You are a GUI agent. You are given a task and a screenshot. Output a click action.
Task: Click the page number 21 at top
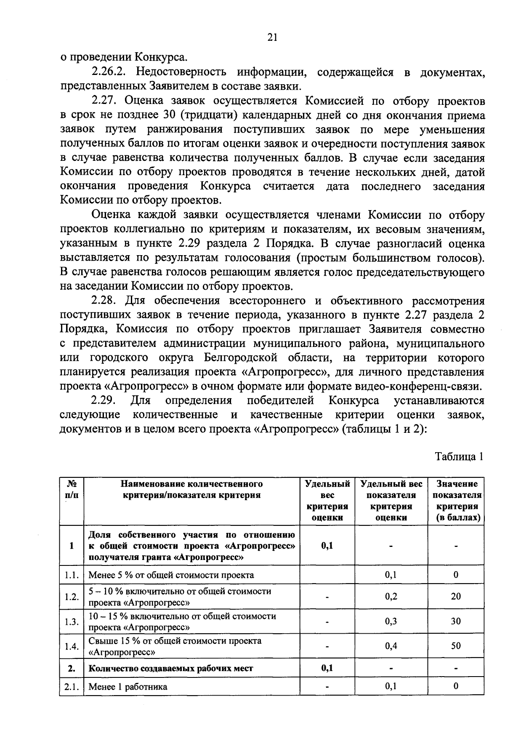click(272, 38)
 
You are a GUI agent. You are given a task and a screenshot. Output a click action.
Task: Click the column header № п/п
click(72, 489)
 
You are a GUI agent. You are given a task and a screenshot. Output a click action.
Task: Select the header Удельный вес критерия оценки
click(327, 500)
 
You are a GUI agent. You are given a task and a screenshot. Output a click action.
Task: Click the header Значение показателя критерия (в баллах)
click(456, 500)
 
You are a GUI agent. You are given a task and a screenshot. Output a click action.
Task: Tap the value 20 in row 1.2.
click(456, 596)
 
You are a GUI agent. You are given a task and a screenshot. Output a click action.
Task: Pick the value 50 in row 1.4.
click(456, 645)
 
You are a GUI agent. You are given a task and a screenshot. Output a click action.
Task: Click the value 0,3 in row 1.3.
click(391, 621)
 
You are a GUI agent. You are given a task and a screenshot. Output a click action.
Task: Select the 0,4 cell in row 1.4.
click(391, 645)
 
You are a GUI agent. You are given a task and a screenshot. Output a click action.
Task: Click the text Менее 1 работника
click(128, 687)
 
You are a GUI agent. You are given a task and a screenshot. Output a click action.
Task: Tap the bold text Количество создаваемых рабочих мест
click(171, 668)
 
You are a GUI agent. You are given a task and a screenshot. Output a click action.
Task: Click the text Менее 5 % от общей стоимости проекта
click(171, 575)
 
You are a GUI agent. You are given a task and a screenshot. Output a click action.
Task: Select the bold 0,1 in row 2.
click(327, 668)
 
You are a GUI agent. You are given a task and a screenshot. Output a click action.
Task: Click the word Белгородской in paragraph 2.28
click(241, 358)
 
